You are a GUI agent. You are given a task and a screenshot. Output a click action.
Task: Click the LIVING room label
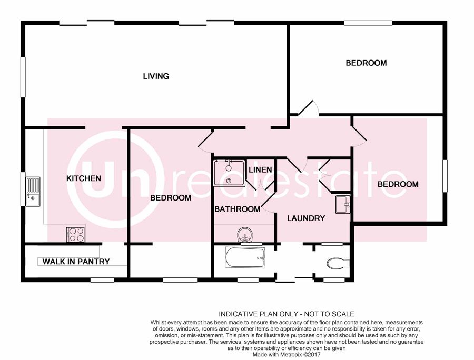[156, 76]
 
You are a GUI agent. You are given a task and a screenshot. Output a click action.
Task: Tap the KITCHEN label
[84, 178]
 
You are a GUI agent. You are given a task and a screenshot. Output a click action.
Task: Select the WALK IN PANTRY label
[76, 262]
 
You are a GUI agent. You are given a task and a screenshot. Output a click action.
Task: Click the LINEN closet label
[260, 170]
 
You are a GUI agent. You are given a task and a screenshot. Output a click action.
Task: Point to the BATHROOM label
[238, 209]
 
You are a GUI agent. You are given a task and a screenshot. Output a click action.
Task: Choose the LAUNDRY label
[306, 218]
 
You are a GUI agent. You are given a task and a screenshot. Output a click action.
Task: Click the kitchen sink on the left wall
[33, 192]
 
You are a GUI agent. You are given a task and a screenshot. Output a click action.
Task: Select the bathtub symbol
[245, 257]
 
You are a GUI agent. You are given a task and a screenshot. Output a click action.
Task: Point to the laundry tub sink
[343, 204]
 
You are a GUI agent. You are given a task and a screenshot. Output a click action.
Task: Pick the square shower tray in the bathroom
[229, 173]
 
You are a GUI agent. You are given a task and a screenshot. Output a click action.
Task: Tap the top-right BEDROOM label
[366, 63]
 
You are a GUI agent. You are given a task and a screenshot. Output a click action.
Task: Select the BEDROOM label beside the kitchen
[171, 198]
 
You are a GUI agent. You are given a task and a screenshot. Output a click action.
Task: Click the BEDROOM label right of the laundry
[398, 184]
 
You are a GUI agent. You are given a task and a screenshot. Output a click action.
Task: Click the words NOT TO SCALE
[329, 314]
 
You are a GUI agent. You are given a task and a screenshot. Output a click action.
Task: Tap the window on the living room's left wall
[23, 77]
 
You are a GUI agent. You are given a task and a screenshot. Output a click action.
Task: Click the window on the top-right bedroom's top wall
[368, 23]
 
